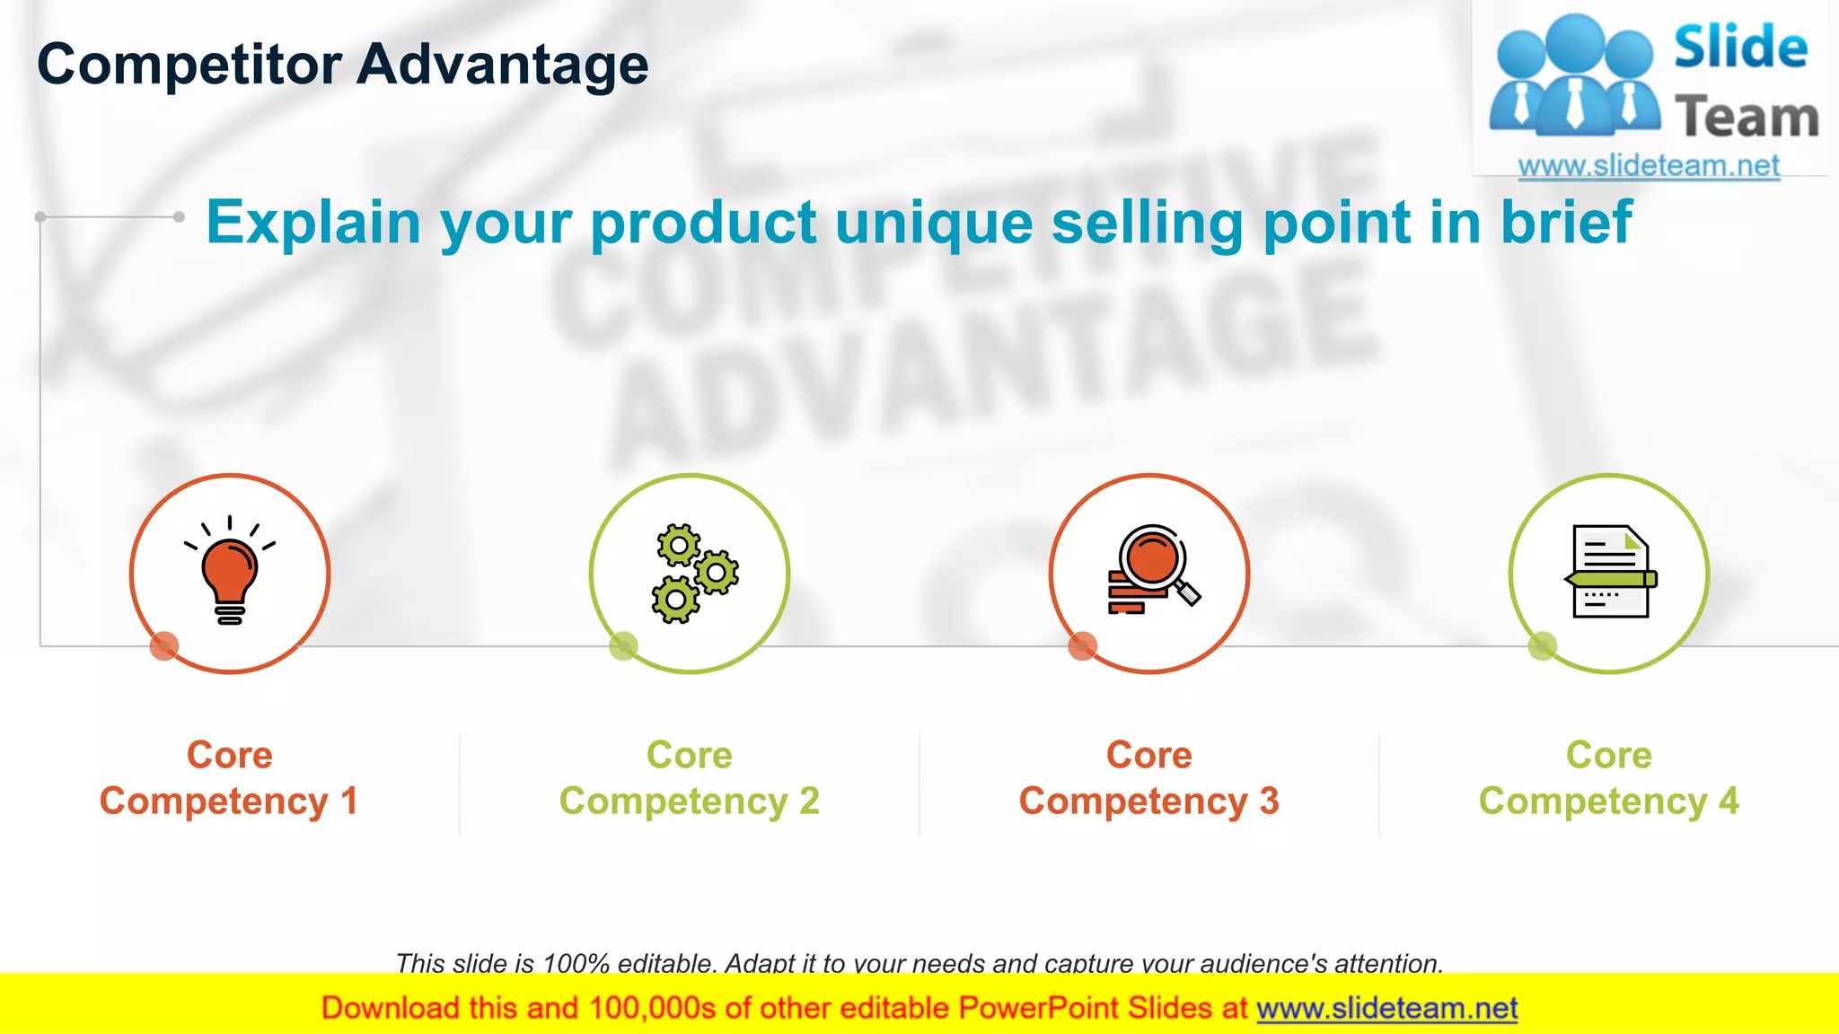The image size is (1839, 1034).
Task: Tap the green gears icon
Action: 693,574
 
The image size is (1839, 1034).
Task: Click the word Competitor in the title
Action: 189,65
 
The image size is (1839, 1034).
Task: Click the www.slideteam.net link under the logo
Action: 1649,166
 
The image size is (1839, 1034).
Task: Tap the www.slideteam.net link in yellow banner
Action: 1386,1009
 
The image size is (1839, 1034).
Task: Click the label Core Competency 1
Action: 229,778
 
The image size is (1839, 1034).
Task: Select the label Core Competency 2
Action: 690,778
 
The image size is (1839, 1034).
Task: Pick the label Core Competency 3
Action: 1149,778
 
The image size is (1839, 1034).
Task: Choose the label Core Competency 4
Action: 1609,778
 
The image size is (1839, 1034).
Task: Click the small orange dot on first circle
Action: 164,645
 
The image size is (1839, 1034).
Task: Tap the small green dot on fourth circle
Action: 1543,645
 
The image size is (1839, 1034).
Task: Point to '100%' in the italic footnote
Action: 576,964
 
